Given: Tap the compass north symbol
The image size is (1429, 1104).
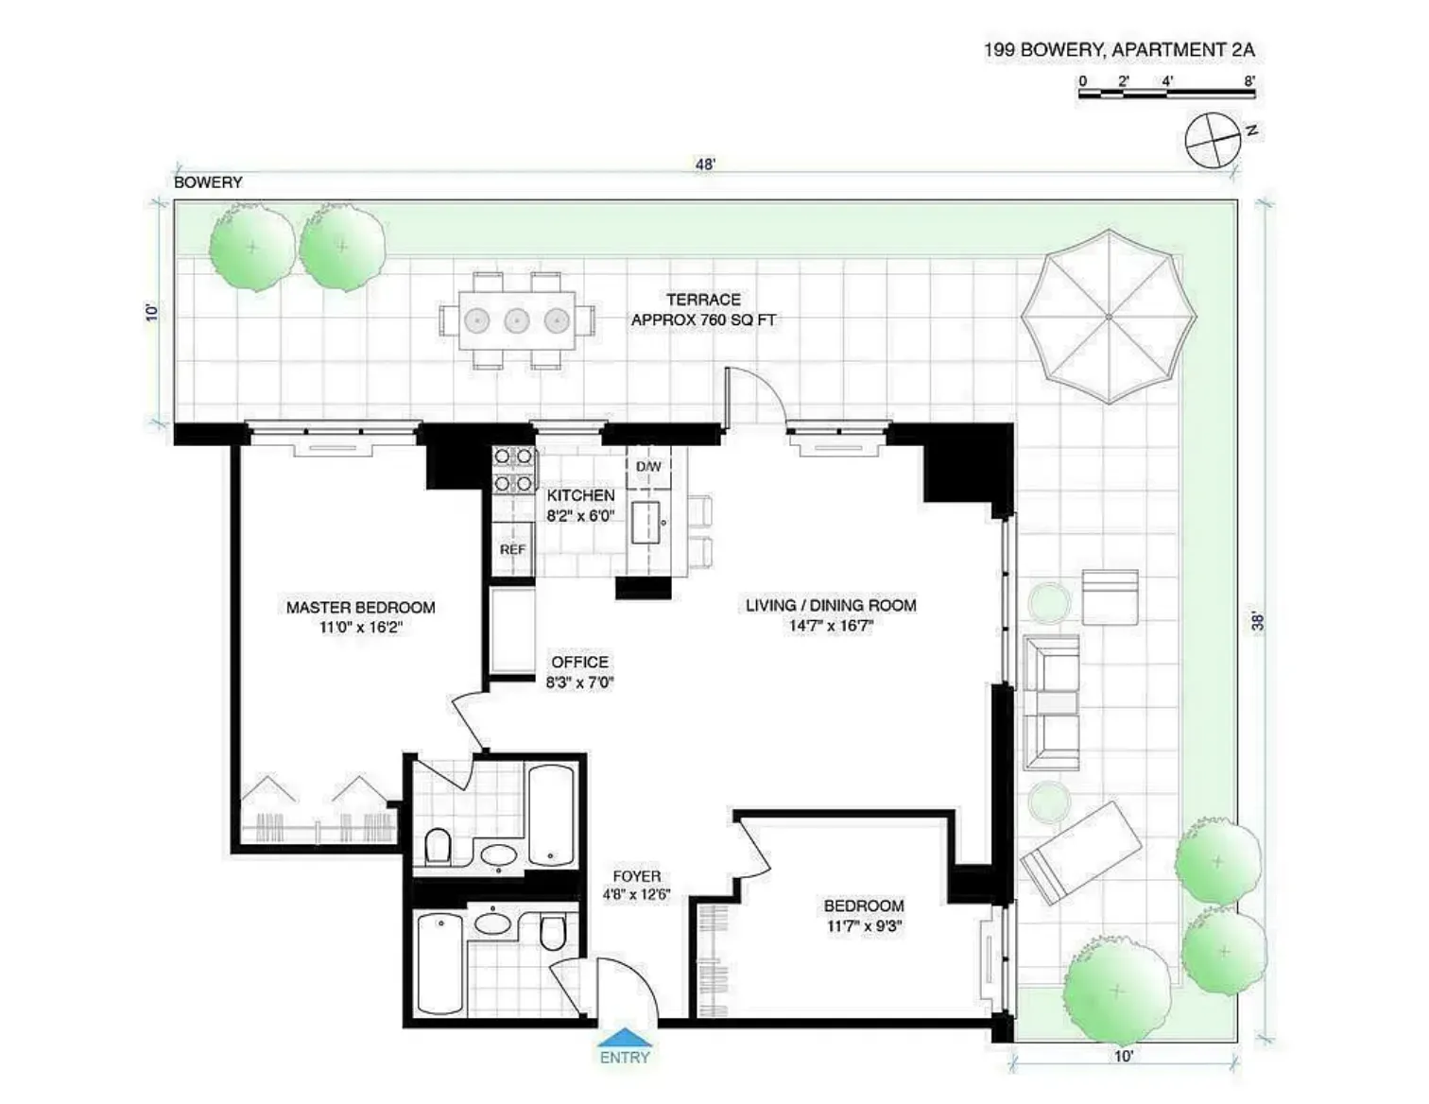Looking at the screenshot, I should pos(1214,140).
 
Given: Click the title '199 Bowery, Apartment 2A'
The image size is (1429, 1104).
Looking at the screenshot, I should pos(1119,50).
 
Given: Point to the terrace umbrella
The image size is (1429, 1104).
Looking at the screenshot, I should pos(1108,316).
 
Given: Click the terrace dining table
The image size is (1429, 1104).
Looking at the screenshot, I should pos(516,320).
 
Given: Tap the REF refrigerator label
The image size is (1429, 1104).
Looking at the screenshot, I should pos(512,549).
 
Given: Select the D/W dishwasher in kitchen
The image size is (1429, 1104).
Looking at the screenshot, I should pos(648,468).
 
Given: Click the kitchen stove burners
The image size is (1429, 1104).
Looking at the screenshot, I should pos(513,470).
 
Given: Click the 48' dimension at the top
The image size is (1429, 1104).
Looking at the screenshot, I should pos(705,164).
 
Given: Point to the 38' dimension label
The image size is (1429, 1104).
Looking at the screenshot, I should pos(1258,621).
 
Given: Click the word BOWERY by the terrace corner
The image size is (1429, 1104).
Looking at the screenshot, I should pos(208,182).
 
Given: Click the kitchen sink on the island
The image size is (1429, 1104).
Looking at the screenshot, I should pos(647,522).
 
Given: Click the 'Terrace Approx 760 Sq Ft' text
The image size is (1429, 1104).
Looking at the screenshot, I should pos(703,310).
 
